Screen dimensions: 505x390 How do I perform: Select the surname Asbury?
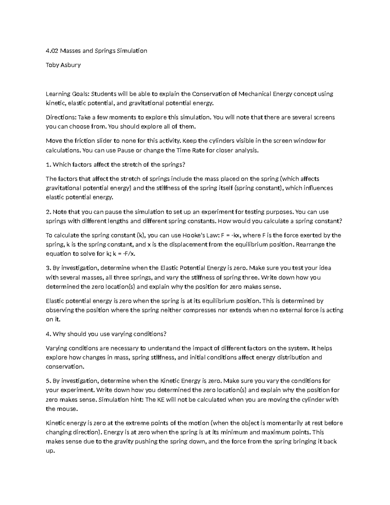(x=70, y=65)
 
